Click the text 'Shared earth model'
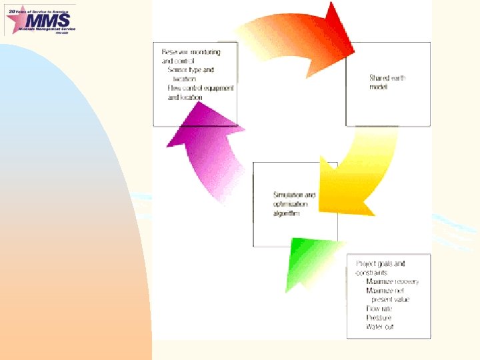(x=387, y=82)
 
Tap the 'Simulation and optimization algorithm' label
(x=294, y=204)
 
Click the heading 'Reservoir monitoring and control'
(x=190, y=56)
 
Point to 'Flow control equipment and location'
(x=200, y=93)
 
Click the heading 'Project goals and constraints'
(x=380, y=268)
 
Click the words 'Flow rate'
(x=379, y=309)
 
